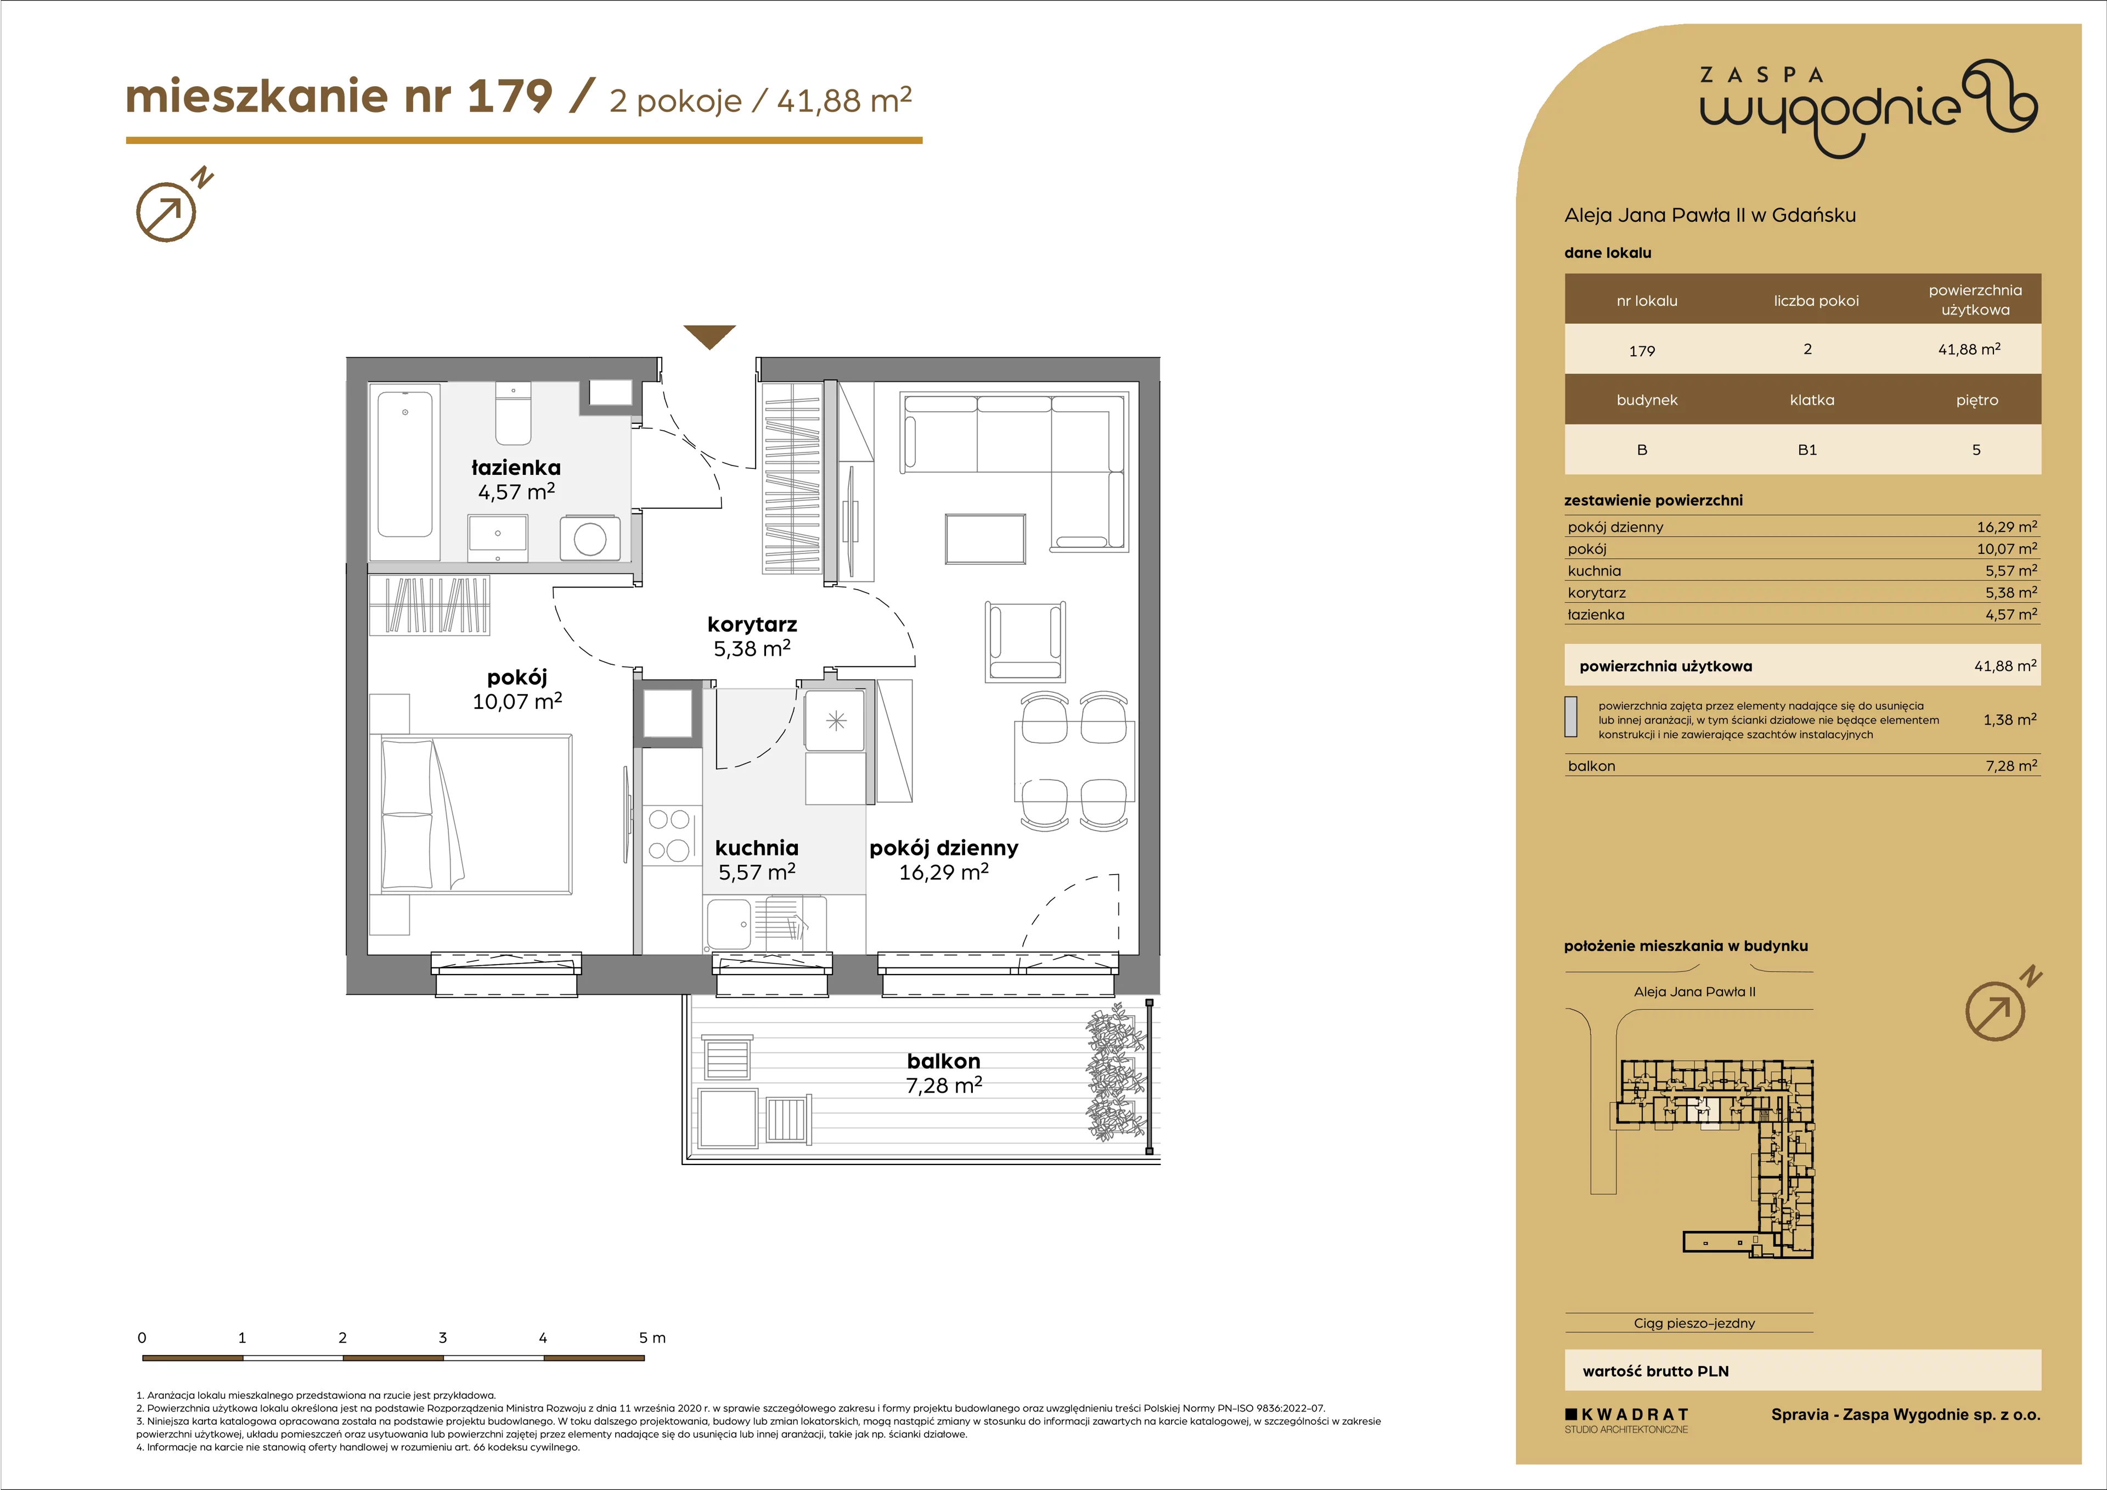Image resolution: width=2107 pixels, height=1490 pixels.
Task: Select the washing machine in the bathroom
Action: click(590, 538)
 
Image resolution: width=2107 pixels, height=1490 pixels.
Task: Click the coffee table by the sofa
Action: click(985, 539)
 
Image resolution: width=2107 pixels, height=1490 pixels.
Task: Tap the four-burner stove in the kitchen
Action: click(669, 834)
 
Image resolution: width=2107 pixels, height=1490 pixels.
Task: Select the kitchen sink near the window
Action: click(728, 923)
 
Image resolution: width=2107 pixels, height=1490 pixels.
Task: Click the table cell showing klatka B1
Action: click(1807, 450)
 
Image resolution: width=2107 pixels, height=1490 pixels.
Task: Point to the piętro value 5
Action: click(1977, 450)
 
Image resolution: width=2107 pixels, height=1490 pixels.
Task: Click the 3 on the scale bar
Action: click(442, 1337)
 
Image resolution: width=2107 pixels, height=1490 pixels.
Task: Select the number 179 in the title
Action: click(510, 97)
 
